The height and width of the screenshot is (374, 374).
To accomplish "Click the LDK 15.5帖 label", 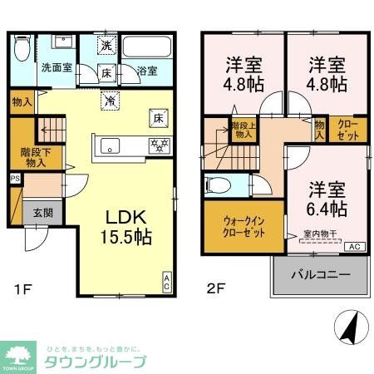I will (x=127, y=227).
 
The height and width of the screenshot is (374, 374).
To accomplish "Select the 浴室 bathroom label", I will (x=147, y=71).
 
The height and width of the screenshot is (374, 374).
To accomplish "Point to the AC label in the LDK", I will (x=166, y=282).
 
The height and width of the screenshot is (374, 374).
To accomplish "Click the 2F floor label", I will (x=216, y=289).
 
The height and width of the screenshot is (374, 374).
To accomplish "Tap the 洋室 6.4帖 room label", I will (x=327, y=198).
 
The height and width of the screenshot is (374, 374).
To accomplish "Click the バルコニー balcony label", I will (x=320, y=275).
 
